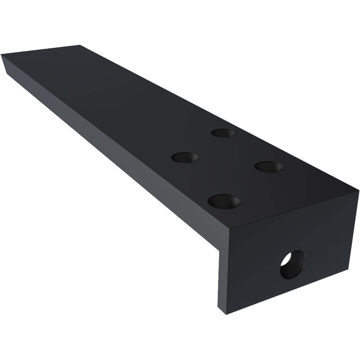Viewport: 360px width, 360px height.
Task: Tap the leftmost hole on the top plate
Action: pos(185,157)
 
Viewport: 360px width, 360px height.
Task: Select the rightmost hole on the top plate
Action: pos(269,167)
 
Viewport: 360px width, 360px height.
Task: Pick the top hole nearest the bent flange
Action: pos(224,202)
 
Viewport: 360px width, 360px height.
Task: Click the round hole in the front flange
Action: pos(293,264)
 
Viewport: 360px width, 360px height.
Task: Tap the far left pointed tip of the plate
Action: pos(2,55)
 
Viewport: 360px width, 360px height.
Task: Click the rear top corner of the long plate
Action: pos(80,45)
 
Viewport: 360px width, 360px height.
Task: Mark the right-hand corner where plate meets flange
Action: pos(359,190)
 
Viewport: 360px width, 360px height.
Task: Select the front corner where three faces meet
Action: pos(230,229)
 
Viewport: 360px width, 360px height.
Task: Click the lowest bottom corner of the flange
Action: pos(226,314)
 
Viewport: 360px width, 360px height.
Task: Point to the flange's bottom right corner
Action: pos(348,269)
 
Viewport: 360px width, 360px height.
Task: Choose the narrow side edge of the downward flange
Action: pos(222,280)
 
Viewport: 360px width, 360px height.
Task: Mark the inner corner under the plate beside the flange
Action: pos(219,251)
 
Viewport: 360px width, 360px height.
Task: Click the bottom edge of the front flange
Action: pos(287,292)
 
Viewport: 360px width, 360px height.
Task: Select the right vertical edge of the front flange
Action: pos(354,230)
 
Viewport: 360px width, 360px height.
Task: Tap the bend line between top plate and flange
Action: pos(293,210)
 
